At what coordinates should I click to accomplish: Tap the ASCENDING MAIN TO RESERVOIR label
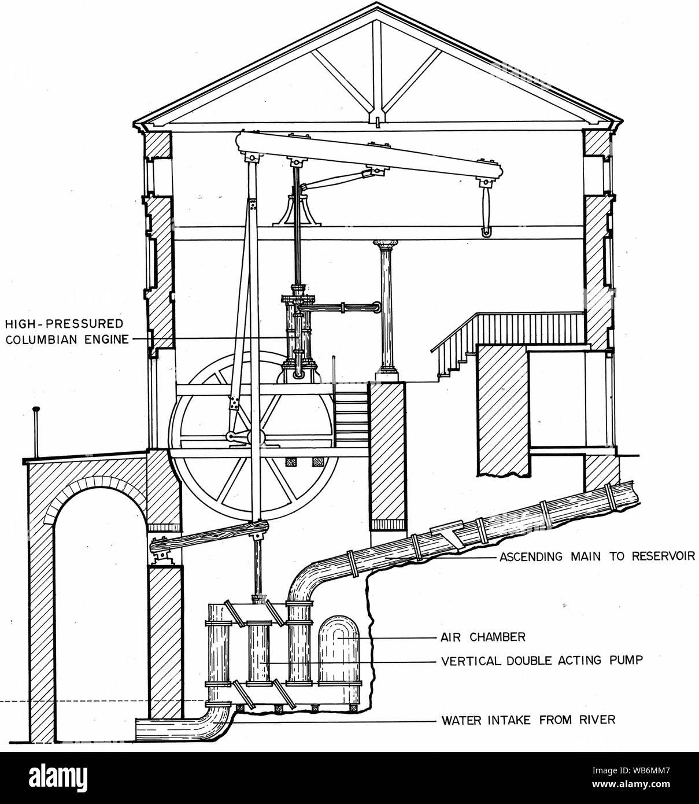597,556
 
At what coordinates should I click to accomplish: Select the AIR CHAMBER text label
483,637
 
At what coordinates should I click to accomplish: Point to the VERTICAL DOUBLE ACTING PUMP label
542,661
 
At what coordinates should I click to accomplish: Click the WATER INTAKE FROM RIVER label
528,720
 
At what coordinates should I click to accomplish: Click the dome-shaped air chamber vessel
339,660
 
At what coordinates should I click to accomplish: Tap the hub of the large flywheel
255,437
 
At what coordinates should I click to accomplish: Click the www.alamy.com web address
631,784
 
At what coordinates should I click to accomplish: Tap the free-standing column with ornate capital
386,311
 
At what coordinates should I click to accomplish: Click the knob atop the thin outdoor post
36,409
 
